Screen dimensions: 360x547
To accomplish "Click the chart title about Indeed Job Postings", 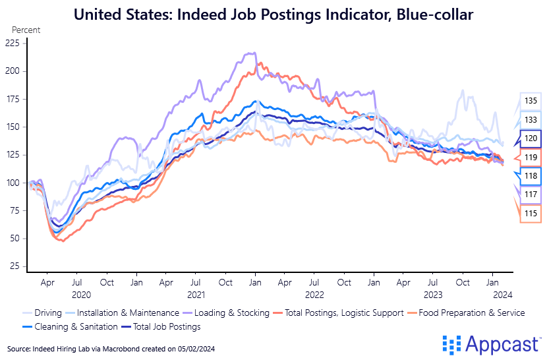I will click(x=273, y=14).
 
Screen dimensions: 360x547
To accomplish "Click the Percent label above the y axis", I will click(x=26, y=30).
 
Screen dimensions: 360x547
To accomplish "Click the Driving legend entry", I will click(x=42, y=313).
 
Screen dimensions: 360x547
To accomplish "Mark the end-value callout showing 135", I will click(x=531, y=101).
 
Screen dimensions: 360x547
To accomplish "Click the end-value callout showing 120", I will click(x=531, y=138).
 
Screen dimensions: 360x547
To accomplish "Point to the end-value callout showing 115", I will click(x=531, y=214).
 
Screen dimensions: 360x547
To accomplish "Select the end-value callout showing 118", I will click(x=531, y=176).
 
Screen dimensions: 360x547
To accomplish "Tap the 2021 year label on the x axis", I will click(x=195, y=295).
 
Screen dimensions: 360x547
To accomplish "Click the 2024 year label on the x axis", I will click(x=501, y=295).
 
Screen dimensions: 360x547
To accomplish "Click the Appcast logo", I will click(x=491, y=344).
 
